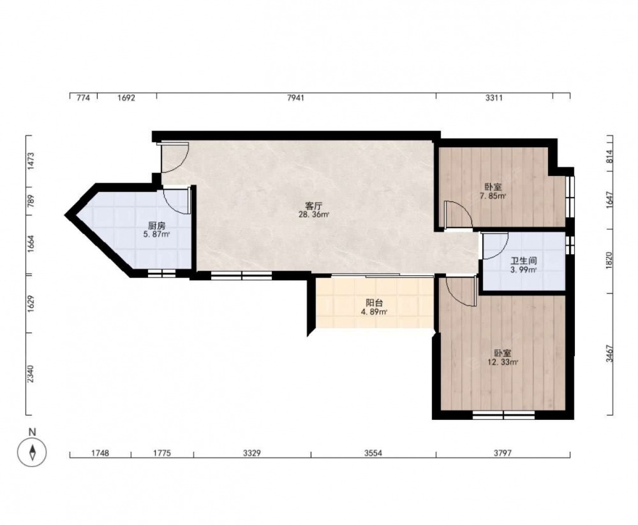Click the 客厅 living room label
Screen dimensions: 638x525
[314, 206]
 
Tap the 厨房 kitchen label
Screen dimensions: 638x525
[157, 226]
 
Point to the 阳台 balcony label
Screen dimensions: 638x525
[375, 303]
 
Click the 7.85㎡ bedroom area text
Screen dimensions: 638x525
[493, 196]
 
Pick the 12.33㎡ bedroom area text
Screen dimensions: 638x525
[503, 362]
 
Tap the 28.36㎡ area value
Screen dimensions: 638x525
[314, 215]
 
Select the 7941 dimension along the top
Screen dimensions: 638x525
[295, 97]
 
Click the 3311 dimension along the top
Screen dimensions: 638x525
[494, 97]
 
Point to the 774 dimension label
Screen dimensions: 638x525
[83, 97]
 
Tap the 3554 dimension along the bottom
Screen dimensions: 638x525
[373, 453]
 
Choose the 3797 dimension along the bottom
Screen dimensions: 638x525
[503, 453]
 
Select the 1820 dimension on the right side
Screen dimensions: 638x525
[609, 260]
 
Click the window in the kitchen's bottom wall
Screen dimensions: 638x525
[161, 273]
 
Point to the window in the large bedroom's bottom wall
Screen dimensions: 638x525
[504, 415]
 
